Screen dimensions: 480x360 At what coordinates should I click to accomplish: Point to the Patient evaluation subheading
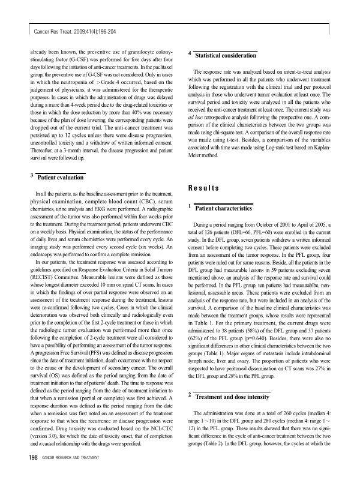[x=60, y=178]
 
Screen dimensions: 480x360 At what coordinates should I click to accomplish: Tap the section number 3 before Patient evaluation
[x=31, y=175]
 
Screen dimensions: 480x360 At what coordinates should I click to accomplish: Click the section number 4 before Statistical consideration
[x=190, y=53]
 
